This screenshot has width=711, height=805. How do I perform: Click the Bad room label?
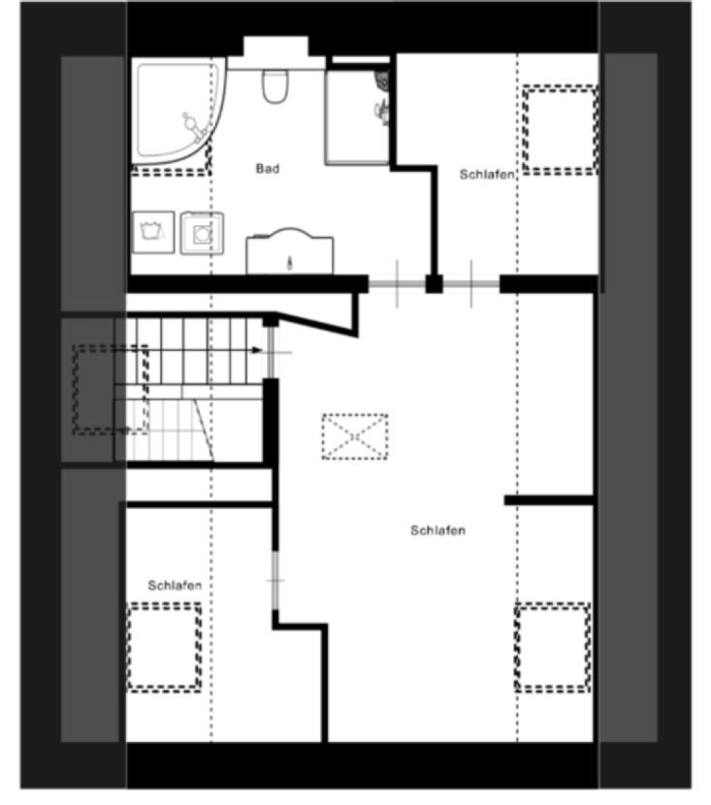pos(268,169)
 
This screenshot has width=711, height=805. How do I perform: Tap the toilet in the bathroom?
pos(275,85)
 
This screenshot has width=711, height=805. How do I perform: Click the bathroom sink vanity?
pos(289,251)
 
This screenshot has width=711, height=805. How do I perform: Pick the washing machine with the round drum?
pos(203,233)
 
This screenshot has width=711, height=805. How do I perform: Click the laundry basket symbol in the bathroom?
pos(153,232)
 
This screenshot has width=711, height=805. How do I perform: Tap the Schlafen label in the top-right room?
pos(487,175)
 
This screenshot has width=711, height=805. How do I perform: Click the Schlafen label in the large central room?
pos(437,531)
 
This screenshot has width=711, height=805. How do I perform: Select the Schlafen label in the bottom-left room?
pos(175,585)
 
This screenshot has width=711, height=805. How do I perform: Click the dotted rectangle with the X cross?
pos(355,436)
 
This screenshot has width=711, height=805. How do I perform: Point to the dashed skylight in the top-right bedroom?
pos(560,130)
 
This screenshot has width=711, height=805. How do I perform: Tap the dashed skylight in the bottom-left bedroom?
pos(164,647)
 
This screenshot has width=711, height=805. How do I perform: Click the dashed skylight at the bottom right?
pos(553,647)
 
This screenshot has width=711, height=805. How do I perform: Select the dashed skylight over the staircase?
pos(111,390)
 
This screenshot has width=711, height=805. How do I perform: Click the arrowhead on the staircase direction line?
pos(258,351)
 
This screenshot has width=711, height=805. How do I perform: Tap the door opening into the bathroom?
pos(397,284)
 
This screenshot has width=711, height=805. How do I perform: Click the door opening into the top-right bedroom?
pos(471,284)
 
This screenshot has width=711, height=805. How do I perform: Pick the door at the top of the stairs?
pos(272,352)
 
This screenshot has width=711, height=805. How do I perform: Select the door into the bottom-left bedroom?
pos(275,581)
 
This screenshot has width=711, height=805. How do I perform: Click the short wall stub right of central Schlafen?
pos(549,500)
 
